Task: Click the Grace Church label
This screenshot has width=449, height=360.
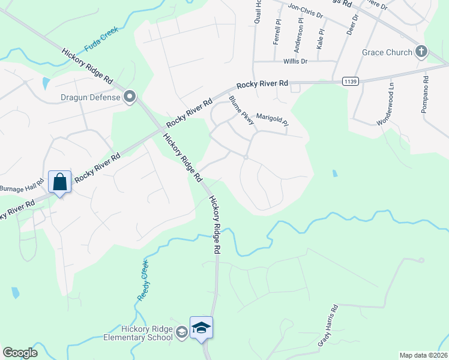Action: tap(387, 52)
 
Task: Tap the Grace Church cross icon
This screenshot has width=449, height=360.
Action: tap(421, 52)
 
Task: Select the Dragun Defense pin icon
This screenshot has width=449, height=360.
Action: tap(129, 97)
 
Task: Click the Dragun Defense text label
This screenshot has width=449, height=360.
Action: tap(90, 97)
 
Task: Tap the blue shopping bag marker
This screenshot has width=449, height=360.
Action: tap(60, 182)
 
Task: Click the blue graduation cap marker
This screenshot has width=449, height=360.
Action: tap(202, 328)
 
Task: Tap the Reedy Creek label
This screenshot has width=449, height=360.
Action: tap(143, 280)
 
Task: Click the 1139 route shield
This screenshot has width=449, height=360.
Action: tap(350, 80)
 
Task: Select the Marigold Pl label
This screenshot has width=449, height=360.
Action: tap(272, 119)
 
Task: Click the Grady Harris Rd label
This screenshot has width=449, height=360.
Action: tap(328, 326)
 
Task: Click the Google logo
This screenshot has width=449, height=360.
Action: tap(20, 353)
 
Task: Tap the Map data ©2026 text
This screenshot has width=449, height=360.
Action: tap(423, 355)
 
